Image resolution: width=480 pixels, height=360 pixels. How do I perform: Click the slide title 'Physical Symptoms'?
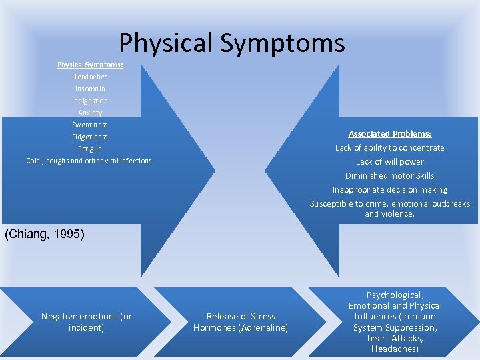[232, 43]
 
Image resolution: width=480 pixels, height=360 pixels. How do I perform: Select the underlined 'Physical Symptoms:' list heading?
[90, 65]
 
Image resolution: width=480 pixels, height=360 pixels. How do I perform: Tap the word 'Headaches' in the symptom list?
[90, 77]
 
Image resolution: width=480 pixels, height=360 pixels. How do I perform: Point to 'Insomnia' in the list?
[90, 89]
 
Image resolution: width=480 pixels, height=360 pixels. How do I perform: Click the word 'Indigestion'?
[90, 101]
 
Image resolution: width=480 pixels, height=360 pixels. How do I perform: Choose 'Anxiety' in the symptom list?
[90, 113]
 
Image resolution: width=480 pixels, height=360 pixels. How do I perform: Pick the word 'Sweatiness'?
[90, 125]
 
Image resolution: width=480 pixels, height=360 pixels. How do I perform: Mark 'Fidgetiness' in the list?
[90, 137]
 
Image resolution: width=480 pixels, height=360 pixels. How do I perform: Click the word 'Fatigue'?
[90, 149]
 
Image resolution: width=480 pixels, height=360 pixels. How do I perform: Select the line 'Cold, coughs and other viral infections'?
[90, 161]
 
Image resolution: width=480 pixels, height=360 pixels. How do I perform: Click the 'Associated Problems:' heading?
[390, 133]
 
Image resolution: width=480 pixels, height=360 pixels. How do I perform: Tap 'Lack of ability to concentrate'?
[390, 147]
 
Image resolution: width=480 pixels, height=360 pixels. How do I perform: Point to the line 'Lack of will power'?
[390, 161]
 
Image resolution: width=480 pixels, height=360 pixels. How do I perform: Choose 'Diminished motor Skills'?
[390, 175]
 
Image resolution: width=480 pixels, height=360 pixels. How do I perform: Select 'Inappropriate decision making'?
[390, 189]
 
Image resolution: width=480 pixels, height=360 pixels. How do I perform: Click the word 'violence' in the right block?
[398, 214]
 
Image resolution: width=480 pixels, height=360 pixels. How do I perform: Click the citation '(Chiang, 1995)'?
[45, 234]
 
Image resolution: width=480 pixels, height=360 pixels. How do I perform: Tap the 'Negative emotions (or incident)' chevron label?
[87, 322]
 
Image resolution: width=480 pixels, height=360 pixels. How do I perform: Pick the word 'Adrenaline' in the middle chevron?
[264, 327]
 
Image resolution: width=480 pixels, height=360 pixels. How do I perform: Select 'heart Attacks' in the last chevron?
[395, 339]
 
